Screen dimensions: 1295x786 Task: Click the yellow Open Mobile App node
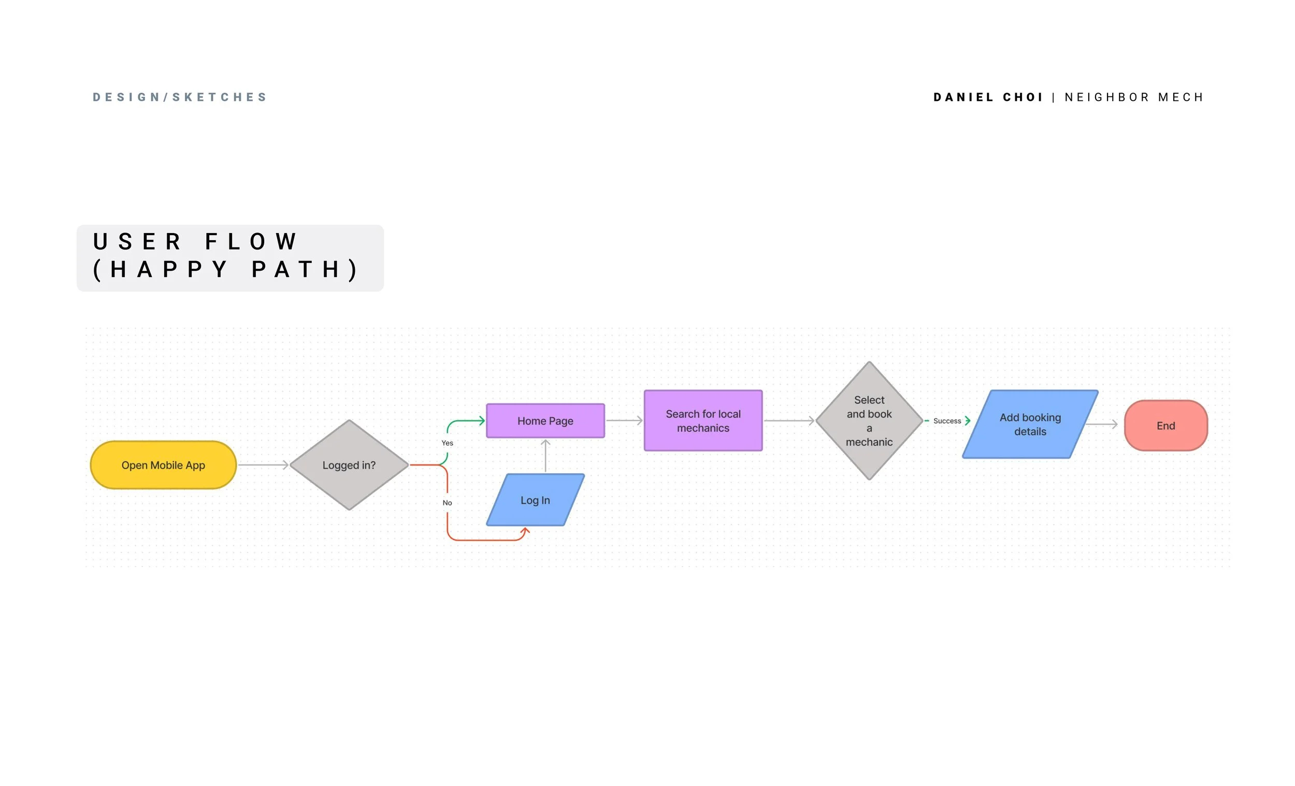coord(164,465)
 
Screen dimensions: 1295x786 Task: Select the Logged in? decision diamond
coord(349,465)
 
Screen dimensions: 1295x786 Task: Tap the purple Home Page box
coord(545,421)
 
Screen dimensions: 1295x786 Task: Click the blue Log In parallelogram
coord(536,500)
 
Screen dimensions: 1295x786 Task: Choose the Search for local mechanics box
coord(703,421)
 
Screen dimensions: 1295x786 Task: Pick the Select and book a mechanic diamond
coord(869,421)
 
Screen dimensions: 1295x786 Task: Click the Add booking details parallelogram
coord(1031,425)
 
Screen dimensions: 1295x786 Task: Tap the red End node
coord(1166,426)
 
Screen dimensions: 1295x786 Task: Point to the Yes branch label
coord(447,443)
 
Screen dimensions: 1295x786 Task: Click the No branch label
coord(447,503)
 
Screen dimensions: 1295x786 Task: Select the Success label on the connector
coord(947,421)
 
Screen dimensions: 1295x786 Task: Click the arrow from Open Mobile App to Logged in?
coord(263,465)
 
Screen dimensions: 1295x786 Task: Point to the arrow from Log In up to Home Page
coord(545,456)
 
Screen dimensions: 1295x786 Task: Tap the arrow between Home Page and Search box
coord(624,420)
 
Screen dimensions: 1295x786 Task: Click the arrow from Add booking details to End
coord(1102,424)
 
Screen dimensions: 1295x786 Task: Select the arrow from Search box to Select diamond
coord(789,421)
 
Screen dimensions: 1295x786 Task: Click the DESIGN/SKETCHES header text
coord(180,97)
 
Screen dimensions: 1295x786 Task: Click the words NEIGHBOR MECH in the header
coord(1134,97)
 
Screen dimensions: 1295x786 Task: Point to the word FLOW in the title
coord(251,242)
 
